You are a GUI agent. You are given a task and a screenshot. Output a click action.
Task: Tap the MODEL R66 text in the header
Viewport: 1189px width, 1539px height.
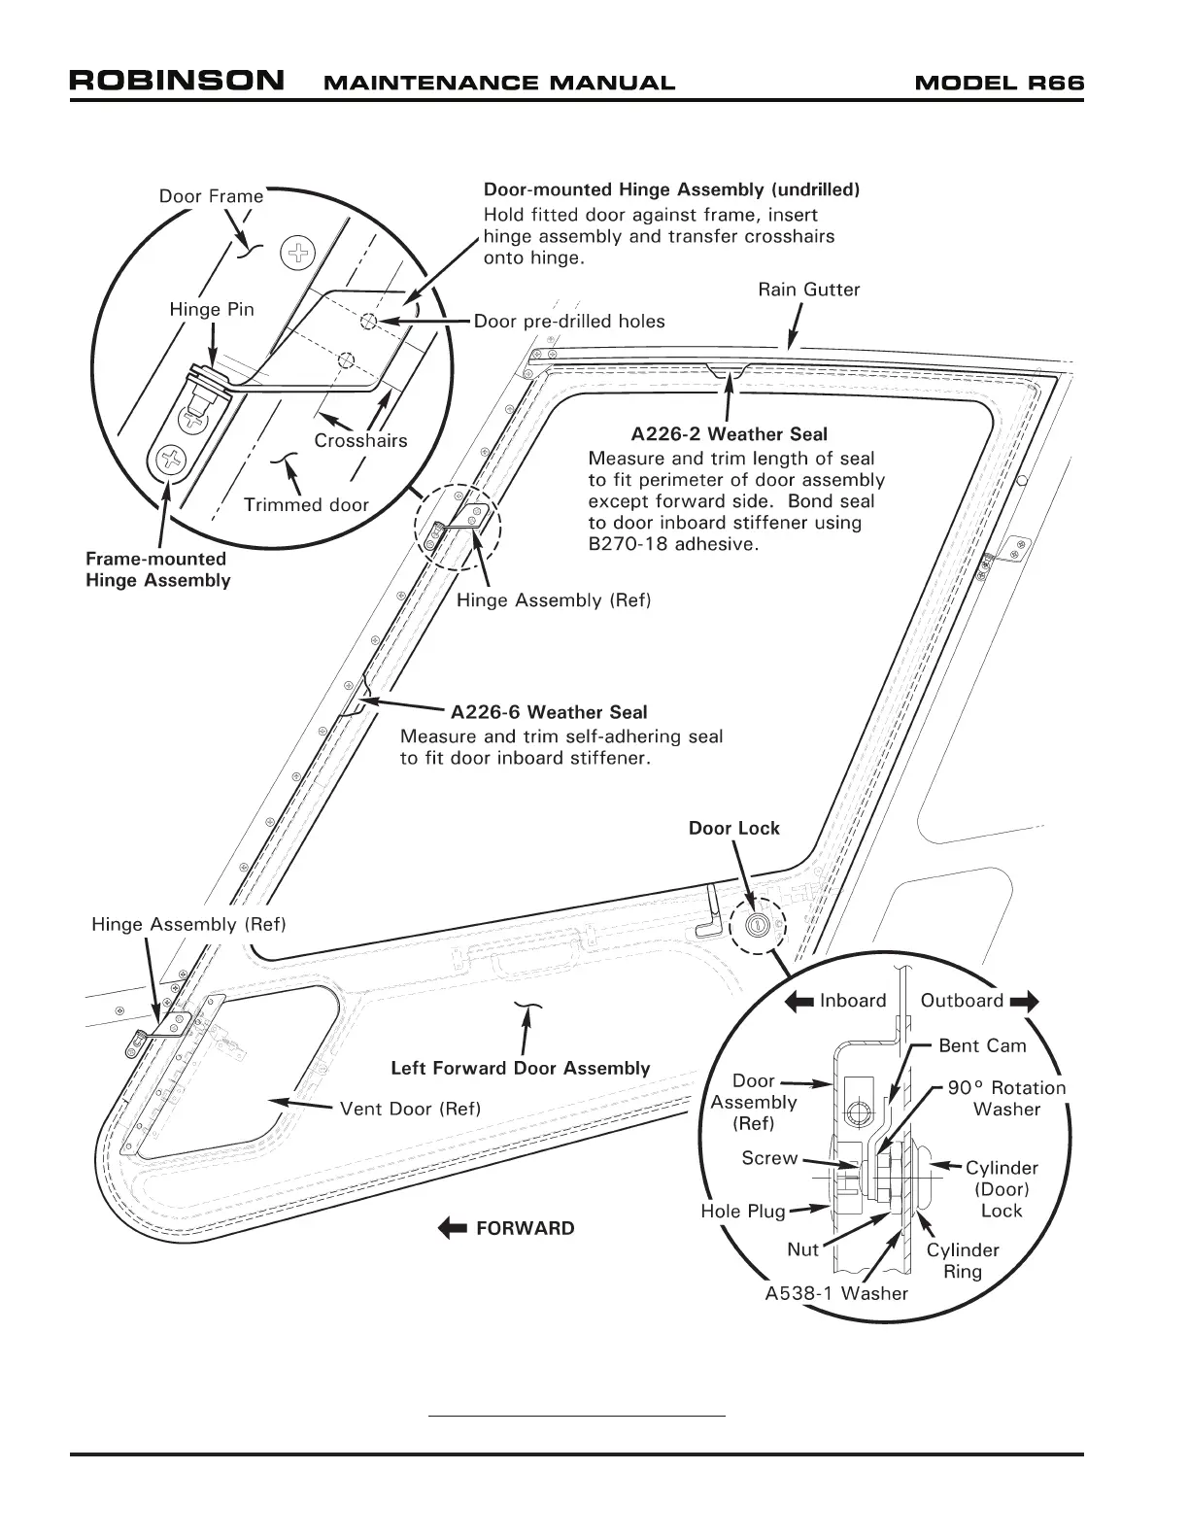(999, 83)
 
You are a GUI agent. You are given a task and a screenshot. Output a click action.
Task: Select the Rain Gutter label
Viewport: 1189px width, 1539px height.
(808, 290)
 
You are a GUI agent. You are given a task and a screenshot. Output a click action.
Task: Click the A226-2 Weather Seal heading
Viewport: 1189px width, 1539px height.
(729, 434)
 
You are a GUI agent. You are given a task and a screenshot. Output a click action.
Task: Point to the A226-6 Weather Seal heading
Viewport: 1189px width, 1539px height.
(549, 713)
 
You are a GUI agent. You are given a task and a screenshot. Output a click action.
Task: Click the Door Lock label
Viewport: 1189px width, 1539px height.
(733, 828)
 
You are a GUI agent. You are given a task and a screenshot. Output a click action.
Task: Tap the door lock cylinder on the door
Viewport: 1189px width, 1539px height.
(757, 925)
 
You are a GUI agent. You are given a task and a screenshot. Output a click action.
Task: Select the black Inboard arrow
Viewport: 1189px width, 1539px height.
(798, 1001)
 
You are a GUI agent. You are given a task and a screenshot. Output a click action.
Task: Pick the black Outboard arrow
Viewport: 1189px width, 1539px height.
(1025, 1001)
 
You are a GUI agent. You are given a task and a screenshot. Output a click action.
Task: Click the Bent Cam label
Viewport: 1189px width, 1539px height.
(982, 1045)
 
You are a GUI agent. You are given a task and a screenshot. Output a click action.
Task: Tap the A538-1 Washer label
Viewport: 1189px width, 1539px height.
(836, 1293)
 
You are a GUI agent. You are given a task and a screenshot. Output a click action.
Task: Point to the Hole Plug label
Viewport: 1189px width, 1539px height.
(742, 1212)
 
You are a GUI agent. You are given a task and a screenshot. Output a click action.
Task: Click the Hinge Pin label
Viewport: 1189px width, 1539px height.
(212, 309)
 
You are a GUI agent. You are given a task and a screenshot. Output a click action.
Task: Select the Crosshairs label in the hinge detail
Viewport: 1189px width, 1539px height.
(360, 440)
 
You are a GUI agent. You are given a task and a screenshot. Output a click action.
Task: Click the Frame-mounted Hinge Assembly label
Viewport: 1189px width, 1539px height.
(158, 569)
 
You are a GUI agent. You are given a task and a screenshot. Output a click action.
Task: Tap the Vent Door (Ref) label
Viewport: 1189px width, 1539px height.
(410, 1109)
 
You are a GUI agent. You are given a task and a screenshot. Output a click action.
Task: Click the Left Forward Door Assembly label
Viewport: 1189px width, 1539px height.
(520, 1068)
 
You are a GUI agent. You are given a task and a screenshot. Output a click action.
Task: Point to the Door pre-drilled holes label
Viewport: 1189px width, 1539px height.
(569, 322)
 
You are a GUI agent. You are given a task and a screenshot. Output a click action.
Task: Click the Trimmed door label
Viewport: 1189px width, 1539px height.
(306, 504)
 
